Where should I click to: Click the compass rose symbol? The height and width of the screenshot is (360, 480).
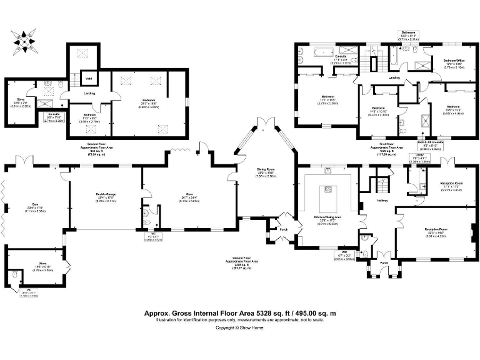click(x=25, y=42)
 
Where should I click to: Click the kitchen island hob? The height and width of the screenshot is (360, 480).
click(x=327, y=189)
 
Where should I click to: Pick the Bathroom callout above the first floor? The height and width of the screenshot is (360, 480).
click(x=408, y=34)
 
